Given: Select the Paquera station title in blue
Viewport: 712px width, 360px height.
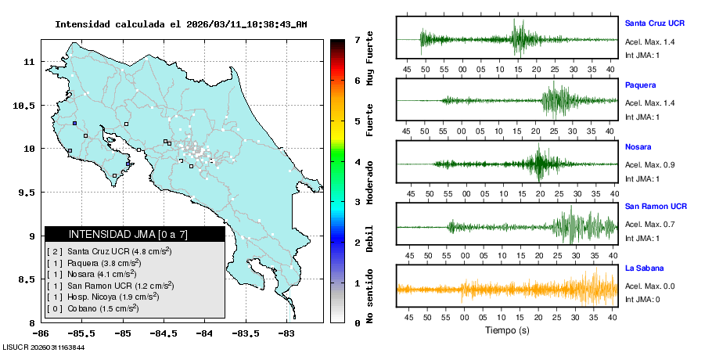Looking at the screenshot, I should (640, 85).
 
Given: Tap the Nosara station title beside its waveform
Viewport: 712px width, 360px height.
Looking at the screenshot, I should (638, 146).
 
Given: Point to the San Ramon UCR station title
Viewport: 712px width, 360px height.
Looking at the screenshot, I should (656, 207).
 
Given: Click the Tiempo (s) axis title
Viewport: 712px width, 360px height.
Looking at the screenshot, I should (508, 330).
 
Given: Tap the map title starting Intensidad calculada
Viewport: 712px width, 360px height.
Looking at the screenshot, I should (181, 24).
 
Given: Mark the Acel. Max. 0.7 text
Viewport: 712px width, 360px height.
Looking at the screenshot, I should (649, 225).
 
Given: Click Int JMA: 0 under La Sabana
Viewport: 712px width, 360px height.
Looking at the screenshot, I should (642, 299).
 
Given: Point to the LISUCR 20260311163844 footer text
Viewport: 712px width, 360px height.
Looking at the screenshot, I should (44, 347).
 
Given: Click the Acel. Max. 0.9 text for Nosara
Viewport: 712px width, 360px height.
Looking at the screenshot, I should (649, 164).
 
